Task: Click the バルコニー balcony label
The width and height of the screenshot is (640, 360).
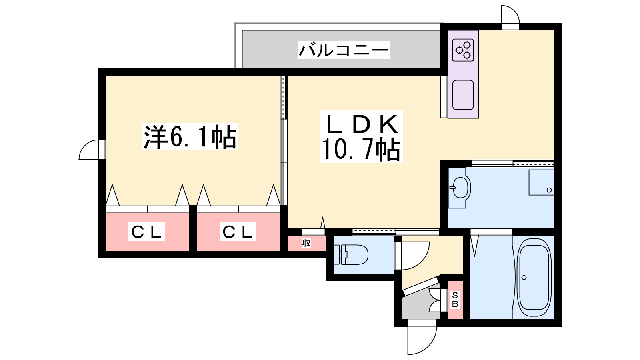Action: tap(343, 50)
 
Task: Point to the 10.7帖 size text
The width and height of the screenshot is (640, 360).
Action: tap(361, 150)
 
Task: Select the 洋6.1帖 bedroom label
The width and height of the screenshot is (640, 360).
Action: tap(190, 137)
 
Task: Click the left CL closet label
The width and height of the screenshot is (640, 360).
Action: tap(146, 232)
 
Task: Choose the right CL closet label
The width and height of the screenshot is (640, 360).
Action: tap(238, 232)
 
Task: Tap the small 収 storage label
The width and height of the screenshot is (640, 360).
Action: tap(306, 243)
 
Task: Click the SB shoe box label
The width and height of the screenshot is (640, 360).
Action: tap(455, 300)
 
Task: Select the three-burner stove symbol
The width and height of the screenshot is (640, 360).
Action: tap(463, 50)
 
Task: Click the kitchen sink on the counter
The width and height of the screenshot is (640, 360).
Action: tap(463, 95)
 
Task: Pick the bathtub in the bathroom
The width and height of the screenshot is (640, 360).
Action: tap(534, 277)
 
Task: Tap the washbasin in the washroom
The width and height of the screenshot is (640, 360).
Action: tap(459, 187)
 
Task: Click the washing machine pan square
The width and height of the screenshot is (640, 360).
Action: tap(541, 182)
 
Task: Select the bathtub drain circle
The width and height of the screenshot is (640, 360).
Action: tap(524, 277)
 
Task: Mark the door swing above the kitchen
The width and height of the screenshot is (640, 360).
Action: tap(510, 16)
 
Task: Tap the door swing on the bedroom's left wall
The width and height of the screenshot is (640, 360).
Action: tap(90, 150)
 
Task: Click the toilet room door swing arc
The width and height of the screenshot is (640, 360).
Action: tap(412, 256)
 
